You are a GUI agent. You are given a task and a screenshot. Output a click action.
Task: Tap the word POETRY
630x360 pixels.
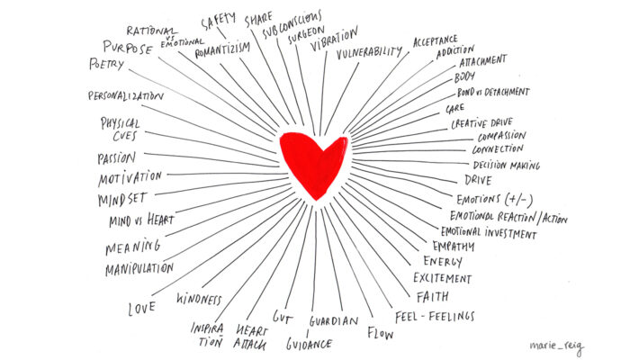(106, 64)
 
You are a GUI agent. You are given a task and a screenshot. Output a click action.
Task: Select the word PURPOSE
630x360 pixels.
(128, 48)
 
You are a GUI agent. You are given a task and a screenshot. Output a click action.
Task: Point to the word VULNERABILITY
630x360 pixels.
(369, 52)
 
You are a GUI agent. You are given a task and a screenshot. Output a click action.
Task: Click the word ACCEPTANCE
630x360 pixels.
(435, 40)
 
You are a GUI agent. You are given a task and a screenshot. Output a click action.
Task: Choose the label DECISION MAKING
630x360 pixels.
(506, 165)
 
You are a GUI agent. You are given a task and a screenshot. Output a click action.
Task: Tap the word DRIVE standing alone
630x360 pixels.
(478, 180)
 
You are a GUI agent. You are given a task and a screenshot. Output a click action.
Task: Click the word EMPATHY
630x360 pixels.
(454, 246)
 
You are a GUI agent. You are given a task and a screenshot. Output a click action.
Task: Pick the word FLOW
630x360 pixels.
(380, 333)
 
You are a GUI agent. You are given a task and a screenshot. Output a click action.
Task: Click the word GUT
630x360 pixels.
(282, 317)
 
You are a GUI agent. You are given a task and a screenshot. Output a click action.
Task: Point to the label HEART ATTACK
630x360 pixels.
(250, 337)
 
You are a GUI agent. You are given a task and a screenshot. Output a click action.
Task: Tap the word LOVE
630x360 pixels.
(142, 309)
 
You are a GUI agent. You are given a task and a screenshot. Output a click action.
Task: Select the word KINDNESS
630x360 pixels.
(199, 299)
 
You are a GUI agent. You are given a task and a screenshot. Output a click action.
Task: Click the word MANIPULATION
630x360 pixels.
(139, 269)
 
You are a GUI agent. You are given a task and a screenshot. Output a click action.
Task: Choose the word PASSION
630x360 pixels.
(116, 157)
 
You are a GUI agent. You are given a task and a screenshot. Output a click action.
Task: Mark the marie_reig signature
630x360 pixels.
(557, 346)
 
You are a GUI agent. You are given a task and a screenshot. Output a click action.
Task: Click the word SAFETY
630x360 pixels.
(218, 21)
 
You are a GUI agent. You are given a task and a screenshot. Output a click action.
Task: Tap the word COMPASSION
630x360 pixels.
(502, 136)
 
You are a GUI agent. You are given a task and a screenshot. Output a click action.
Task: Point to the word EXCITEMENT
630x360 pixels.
(443, 278)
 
